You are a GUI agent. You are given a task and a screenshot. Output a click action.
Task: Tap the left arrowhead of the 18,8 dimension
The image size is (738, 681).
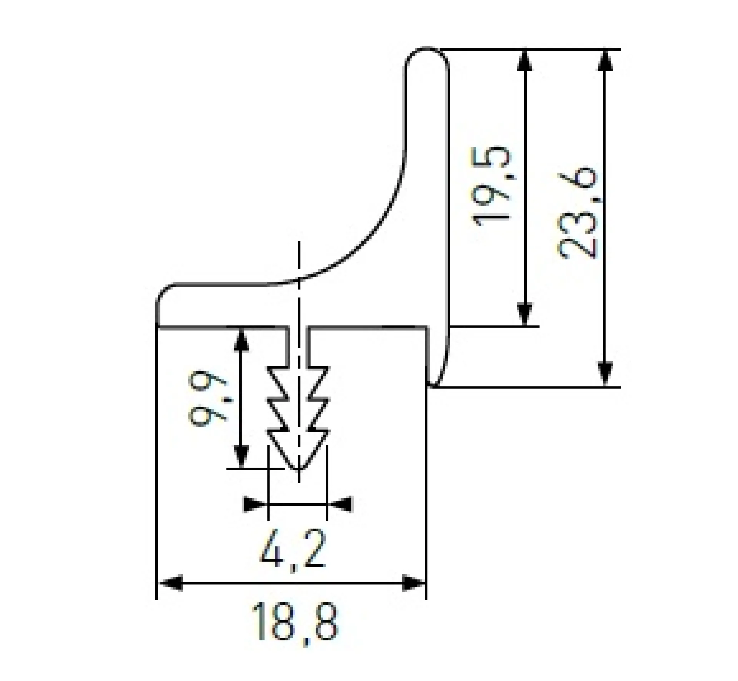170,585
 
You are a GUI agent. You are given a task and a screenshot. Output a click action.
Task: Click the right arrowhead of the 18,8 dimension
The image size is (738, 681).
413,585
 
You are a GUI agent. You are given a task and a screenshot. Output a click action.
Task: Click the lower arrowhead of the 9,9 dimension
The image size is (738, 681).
241,456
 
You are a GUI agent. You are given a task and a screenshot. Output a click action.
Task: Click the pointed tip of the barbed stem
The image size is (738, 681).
298,469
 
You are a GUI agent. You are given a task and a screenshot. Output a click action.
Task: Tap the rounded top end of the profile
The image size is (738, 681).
427,50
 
